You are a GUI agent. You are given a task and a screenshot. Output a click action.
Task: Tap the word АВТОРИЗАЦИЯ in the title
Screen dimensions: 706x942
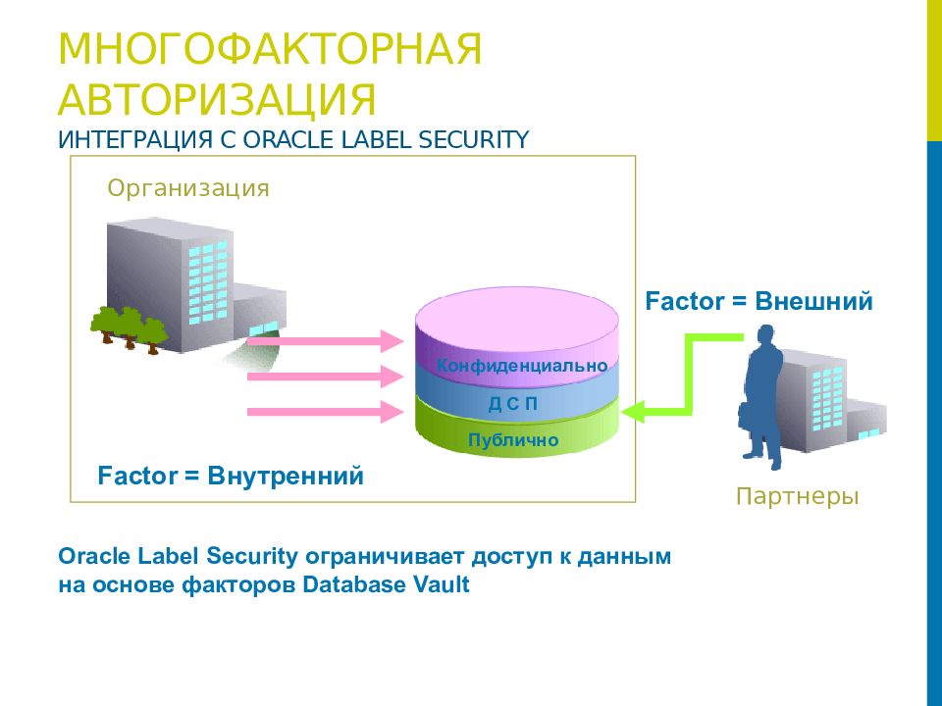[x=217, y=100]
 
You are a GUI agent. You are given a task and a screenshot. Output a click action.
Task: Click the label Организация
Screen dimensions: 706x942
[x=188, y=187]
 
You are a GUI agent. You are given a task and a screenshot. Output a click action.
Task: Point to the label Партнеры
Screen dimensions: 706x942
[x=797, y=497]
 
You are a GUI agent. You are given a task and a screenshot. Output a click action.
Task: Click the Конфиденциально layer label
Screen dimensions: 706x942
[x=522, y=366]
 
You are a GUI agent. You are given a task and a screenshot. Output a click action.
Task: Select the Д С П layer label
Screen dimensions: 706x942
[x=513, y=403]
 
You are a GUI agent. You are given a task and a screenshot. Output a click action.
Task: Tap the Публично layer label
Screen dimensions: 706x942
[x=513, y=440]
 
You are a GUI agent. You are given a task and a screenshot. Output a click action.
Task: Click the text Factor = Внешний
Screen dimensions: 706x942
[x=759, y=301]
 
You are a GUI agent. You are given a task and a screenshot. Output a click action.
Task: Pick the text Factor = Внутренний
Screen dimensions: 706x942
[x=231, y=477]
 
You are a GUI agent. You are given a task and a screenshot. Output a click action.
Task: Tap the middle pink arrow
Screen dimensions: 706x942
[x=325, y=377]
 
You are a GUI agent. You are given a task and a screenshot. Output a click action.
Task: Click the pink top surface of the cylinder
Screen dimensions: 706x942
[x=517, y=314]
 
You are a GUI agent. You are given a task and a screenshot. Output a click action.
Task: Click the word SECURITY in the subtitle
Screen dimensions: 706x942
[x=475, y=139]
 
